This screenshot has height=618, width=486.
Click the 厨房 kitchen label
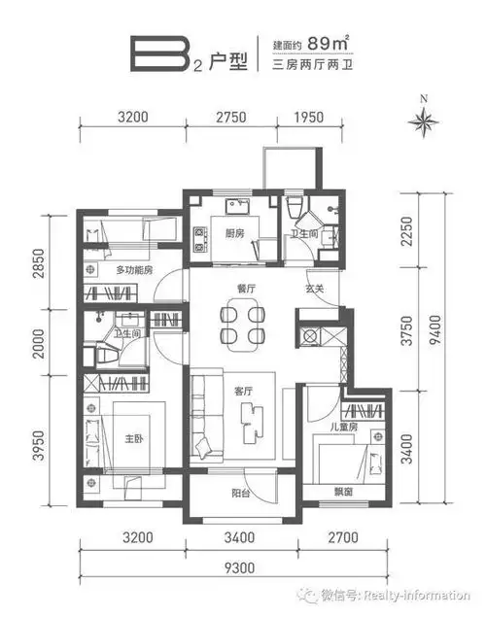pos(234,233)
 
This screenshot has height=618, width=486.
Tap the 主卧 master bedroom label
pos(133,438)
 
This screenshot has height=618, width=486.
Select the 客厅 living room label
pos(243,392)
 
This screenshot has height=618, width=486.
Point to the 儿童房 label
pos(343,427)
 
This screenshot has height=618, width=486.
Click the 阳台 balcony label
pos(240,493)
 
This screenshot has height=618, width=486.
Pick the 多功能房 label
pos(134,270)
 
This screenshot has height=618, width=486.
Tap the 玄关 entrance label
pos(314,289)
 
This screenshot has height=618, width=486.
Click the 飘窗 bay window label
pos(343,492)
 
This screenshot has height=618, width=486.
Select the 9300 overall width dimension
pos(239,567)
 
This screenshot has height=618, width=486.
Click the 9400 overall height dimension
pos(435,329)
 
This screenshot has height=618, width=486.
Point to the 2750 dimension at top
pos(231,117)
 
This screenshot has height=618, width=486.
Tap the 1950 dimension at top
pos(309,117)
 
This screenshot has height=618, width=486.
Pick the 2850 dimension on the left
pos(38,263)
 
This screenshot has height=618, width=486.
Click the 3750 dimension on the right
pos(406,330)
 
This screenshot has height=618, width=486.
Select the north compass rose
pos(424,120)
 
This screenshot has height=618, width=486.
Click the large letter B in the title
pos(158,54)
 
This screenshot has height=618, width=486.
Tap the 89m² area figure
pos(329,43)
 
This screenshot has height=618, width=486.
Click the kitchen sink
pos(237,206)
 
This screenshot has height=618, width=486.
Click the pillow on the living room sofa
pos(203,447)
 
